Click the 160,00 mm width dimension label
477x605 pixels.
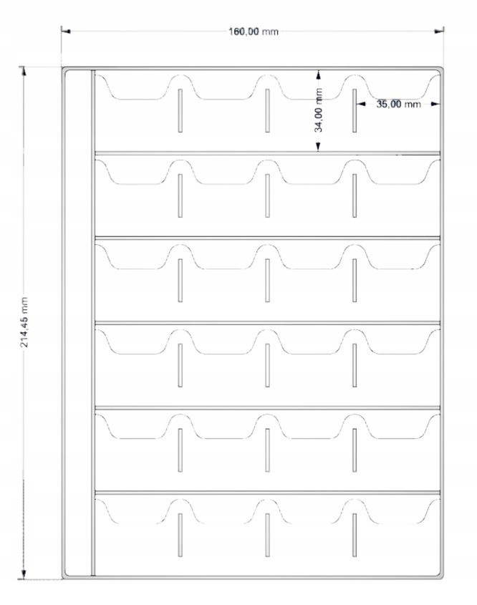[253, 32]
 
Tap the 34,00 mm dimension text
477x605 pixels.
[319, 110]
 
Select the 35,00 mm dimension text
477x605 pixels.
[398, 104]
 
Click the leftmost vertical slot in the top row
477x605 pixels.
[180, 111]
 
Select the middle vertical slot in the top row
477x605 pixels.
[267, 111]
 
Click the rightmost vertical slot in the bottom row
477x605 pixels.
[355, 536]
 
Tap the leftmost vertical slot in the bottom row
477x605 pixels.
[180, 536]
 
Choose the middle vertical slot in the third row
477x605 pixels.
[267, 281]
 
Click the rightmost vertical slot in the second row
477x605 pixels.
[355, 196]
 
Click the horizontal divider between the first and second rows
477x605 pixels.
[266, 153]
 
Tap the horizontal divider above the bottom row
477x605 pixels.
[266, 493]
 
